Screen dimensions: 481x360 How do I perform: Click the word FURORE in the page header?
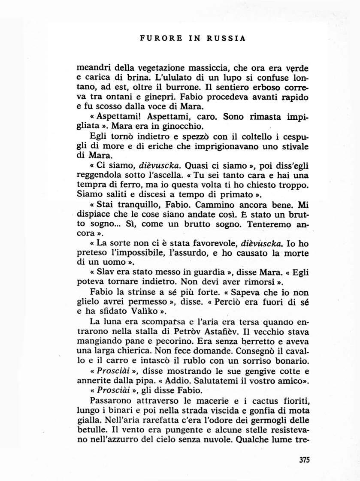pos(157,38)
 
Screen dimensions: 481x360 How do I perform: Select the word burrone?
pos(166,88)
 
